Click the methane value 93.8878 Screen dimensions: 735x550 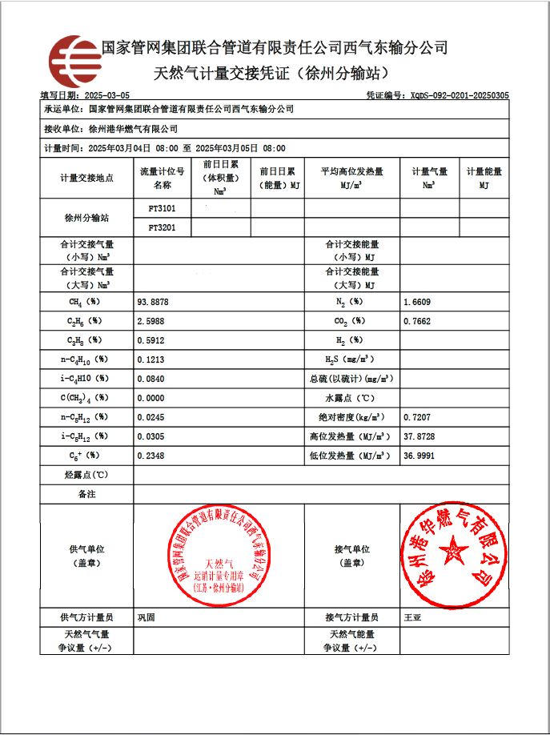(154, 302)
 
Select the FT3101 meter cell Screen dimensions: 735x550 (163, 208)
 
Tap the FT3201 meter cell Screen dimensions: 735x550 (163, 228)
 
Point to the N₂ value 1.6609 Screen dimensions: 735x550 (417, 302)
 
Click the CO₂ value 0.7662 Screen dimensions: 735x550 (417, 321)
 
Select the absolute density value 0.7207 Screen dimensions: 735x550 (417, 417)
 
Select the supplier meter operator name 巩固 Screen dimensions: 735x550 (146, 617)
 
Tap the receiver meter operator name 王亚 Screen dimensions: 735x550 (412, 617)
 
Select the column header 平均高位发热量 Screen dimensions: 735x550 (351, 171)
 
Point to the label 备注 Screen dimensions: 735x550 (86, 494)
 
